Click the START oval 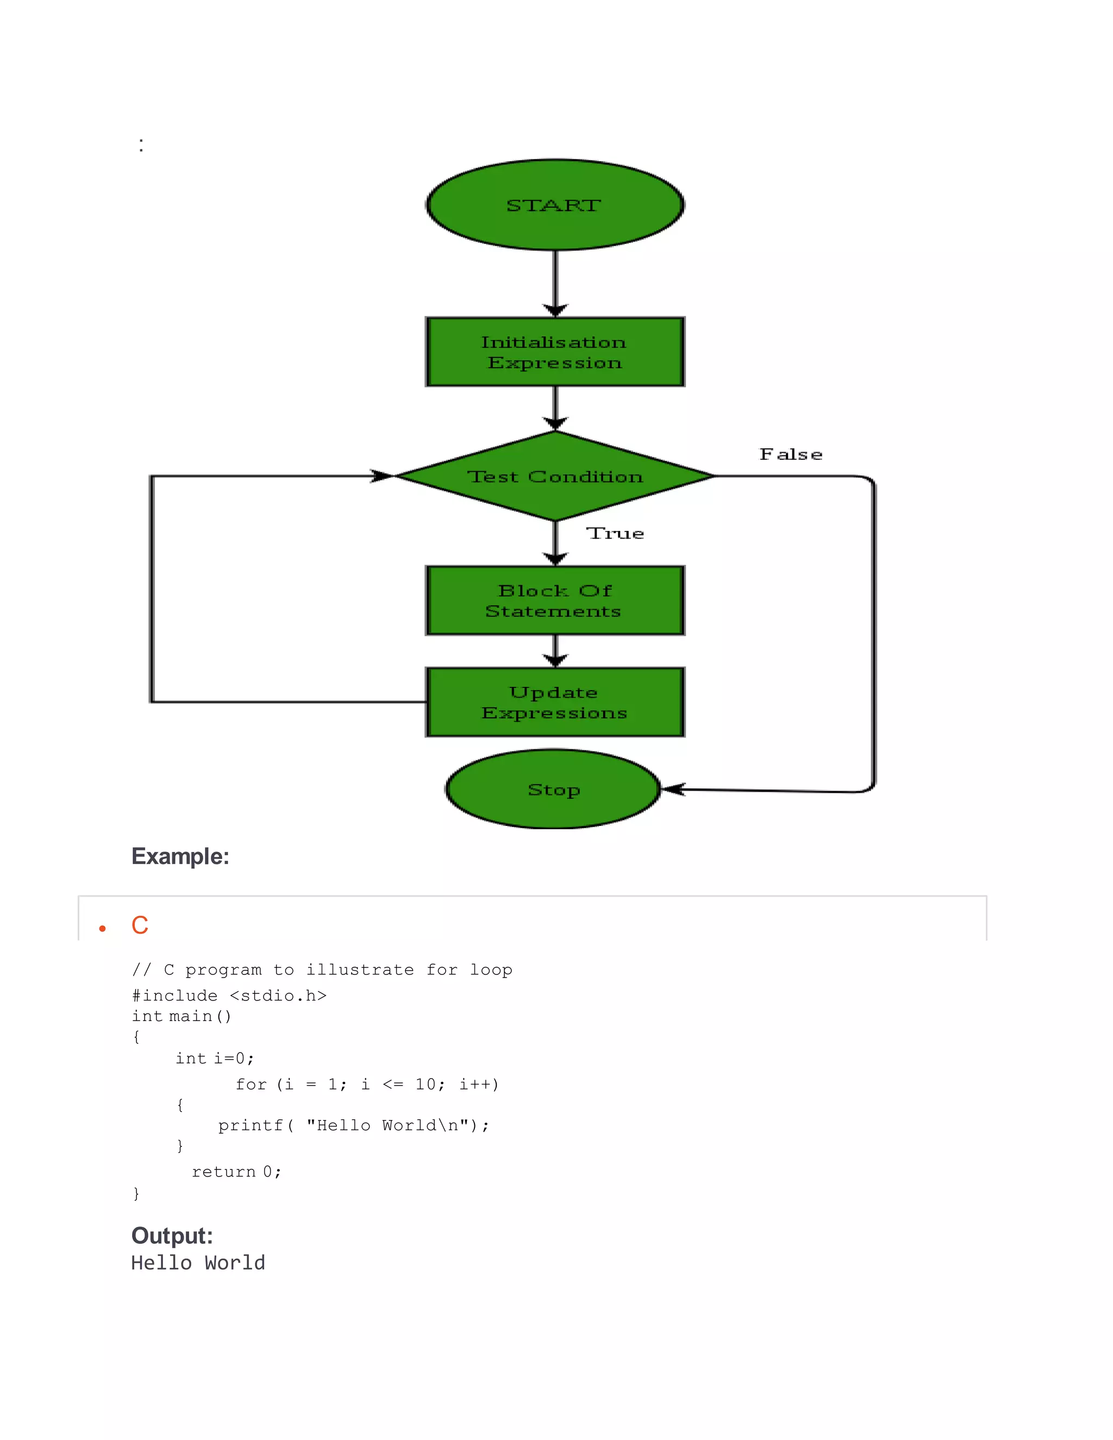[x=554, y=205]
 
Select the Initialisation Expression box [x=554, y=352]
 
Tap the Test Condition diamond [x=554, y=476]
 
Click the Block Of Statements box [x=554, y=600]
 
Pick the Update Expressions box [x=554, y=702]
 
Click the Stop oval [x=553, y=789]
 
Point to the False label [x=791, y=454]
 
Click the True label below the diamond [x=615, y=534]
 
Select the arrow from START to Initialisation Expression [x=555, y=280]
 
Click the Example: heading [x=180, y=856]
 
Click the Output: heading [x=172, y=1236]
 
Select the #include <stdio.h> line [x=229, y=996]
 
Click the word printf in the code [x=251, y=1125]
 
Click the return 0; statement [x=236, y=1172]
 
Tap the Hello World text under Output [x=198, y=1263]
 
